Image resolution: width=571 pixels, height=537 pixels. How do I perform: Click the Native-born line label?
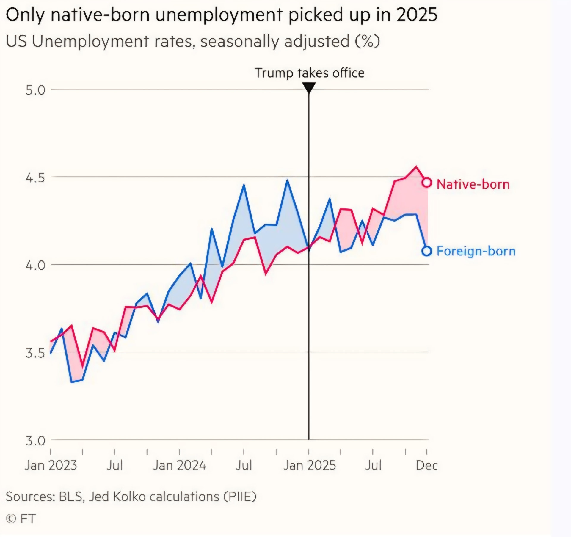click(x=473, y=184)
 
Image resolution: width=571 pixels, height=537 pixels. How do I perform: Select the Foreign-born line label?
click(x=476, y=251)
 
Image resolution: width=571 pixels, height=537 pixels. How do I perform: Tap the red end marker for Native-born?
click(x=427, y=182)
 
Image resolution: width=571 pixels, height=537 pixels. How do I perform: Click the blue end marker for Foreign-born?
click(x=427, y=251)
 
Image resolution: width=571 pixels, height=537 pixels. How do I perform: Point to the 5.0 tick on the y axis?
click(x=35, y=90)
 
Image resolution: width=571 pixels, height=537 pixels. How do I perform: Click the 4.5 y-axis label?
click(x=35, y=178)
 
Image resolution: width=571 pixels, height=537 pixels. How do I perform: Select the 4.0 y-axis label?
click(x=35, y=265)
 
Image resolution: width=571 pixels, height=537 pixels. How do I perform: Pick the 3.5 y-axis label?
click(x=35, y=353)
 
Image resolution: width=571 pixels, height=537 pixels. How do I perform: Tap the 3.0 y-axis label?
click(x=35, y=441)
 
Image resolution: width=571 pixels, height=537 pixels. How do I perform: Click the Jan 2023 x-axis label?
click(x=51, y=465)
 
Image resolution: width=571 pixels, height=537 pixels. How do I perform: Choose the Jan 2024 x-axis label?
click(x=179, y=465)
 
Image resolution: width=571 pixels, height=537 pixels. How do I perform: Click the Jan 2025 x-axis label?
click(x=309, y=465)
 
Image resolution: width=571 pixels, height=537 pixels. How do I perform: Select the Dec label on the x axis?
click(x=427, y=465)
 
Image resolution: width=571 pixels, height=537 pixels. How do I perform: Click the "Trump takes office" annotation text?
click(x=309, y=73)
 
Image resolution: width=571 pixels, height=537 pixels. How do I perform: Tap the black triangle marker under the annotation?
click(x=309, y=87)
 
